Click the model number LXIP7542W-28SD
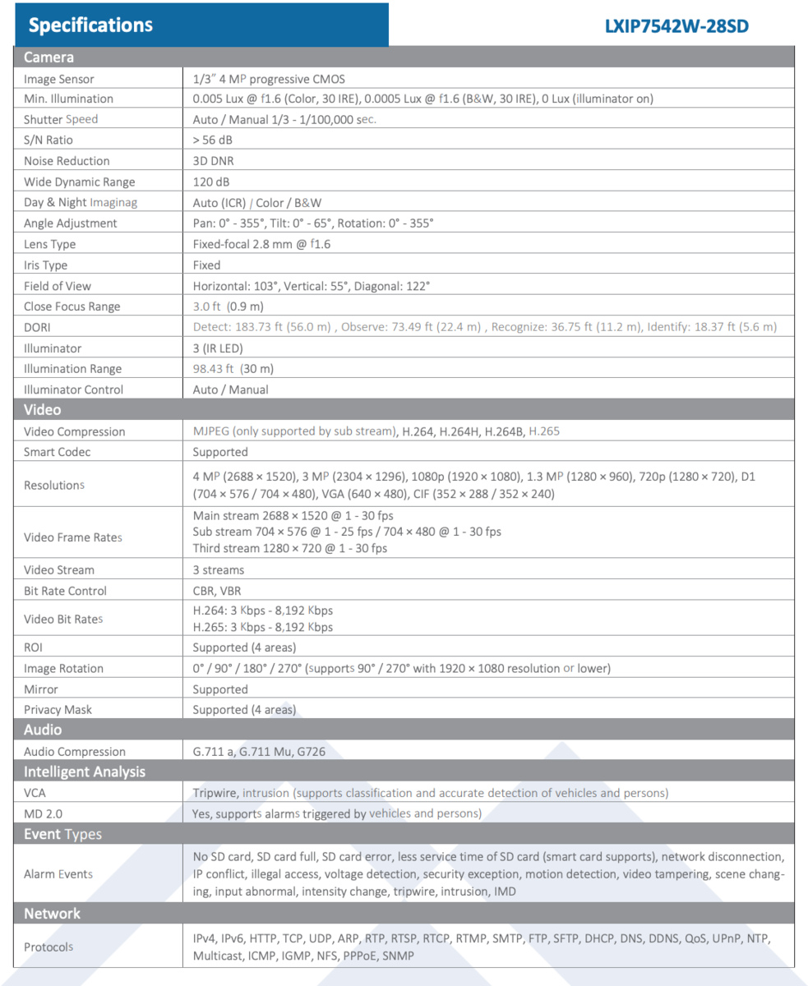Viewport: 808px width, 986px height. (x=676, y=25)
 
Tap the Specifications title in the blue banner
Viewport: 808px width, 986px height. (x=90, y=25)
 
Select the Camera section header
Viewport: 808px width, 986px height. (x=48, y=57)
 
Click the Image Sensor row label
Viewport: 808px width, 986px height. (x=59, y=79)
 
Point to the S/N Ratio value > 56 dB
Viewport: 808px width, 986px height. (x=213, y=140)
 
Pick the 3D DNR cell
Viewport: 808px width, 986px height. (x=213, y=161)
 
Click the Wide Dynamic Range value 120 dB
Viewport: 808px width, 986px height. (x=210, y=182)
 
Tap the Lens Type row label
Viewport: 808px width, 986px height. (x=49, y=244)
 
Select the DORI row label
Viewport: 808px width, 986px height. (x=38, y=327)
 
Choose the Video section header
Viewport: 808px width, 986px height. (x=42, y=409)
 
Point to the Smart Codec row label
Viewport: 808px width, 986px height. (x=58, y=452)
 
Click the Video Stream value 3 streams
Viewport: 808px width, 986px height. (x=219, y=569)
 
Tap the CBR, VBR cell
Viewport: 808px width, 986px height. (x=217, y=591)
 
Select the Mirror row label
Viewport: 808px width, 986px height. (x=41, y=689)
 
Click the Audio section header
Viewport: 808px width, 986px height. (x=43, y=730)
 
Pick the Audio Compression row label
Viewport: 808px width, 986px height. (x=75, y=752)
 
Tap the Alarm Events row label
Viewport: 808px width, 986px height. (x=58, y=874)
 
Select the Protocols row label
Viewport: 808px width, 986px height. (x=48, y=947)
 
